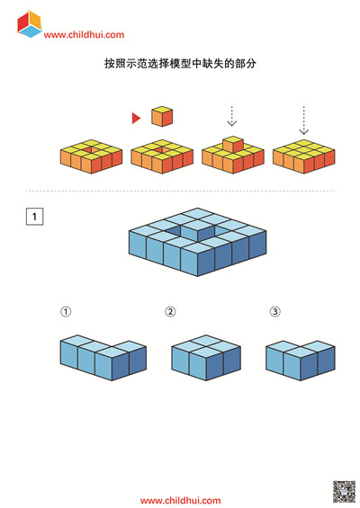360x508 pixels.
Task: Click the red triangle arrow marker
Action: point(136,119)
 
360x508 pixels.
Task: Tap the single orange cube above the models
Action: point(162,116)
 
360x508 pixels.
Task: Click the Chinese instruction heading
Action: point(180,63)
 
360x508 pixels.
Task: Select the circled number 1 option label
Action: point(66,312)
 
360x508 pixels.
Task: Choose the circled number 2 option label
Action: point(171,312)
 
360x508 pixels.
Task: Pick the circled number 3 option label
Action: point(275,312)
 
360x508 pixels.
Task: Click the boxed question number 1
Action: point(35,217)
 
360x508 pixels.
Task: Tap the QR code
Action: point(344,492)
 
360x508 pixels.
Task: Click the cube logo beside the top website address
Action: point(30,24)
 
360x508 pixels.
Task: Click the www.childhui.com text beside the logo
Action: point(84,35)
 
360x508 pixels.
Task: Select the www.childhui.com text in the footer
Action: point(180,501)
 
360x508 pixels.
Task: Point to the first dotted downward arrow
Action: point(232,116)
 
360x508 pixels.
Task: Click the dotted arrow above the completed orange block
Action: point(303,120)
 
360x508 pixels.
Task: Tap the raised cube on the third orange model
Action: point(233,144)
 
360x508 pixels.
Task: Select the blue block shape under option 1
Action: point(103,358)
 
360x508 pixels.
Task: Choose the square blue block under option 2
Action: point(206,358)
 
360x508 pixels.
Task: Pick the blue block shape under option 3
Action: point(301,361)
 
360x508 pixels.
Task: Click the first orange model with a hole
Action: point(91,156)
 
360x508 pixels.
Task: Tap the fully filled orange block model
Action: point(303,156)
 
